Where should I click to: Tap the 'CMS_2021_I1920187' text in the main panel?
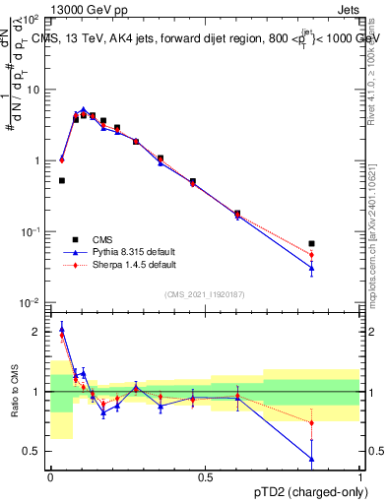204,294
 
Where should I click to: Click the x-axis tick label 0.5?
206,477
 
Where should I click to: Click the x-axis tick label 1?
361,477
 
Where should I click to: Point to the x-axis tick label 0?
51,477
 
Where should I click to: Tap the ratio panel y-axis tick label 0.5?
34,451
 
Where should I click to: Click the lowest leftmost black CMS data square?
62,180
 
